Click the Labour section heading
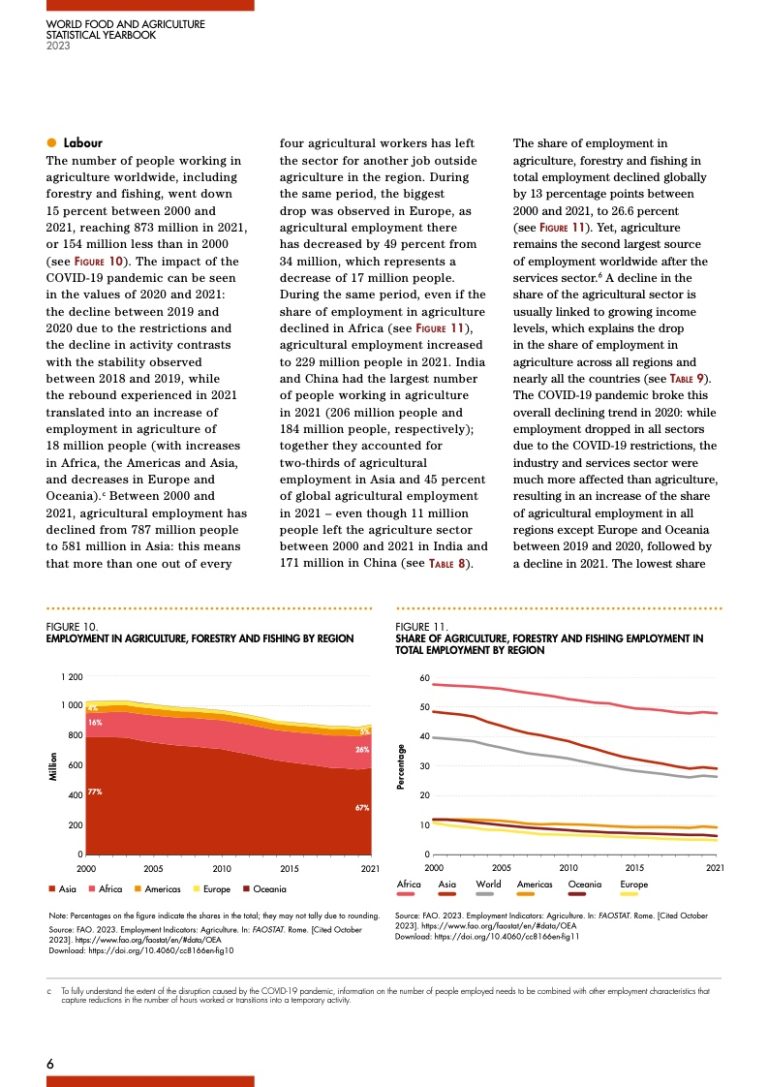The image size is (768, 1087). pyautogui.click(x=83, y=143)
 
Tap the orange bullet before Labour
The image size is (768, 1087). pyautogui.click(x=51, y=143)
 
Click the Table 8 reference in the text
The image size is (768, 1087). pyautogui.click(x=447, y=564)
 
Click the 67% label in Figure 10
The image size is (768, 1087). pyautogui.click(x=362, y=807)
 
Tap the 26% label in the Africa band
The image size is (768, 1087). pyautogui.click(x=363, y=749)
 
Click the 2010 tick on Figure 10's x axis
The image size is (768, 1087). pyautogui.click(x=222, y=870)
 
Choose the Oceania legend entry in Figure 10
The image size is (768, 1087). pyautogui.click(x=265, y=889)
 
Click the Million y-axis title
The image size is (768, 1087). pyautogui.click(x=53, y=765)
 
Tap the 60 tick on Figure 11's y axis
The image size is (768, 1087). pyautogui.click(x=424, y=679)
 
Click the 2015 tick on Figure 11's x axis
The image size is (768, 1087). pyautogui.click(x=635, y=868)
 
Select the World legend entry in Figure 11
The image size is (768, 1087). pyautogui.click(x=489, y=885)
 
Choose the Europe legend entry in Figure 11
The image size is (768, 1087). pyautogui.click(x=634, y=885)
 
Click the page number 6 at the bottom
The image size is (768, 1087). pyautogui.click(x=49, y=1063)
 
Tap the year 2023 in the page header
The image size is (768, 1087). pyautogui.click(x=58, y=45)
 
